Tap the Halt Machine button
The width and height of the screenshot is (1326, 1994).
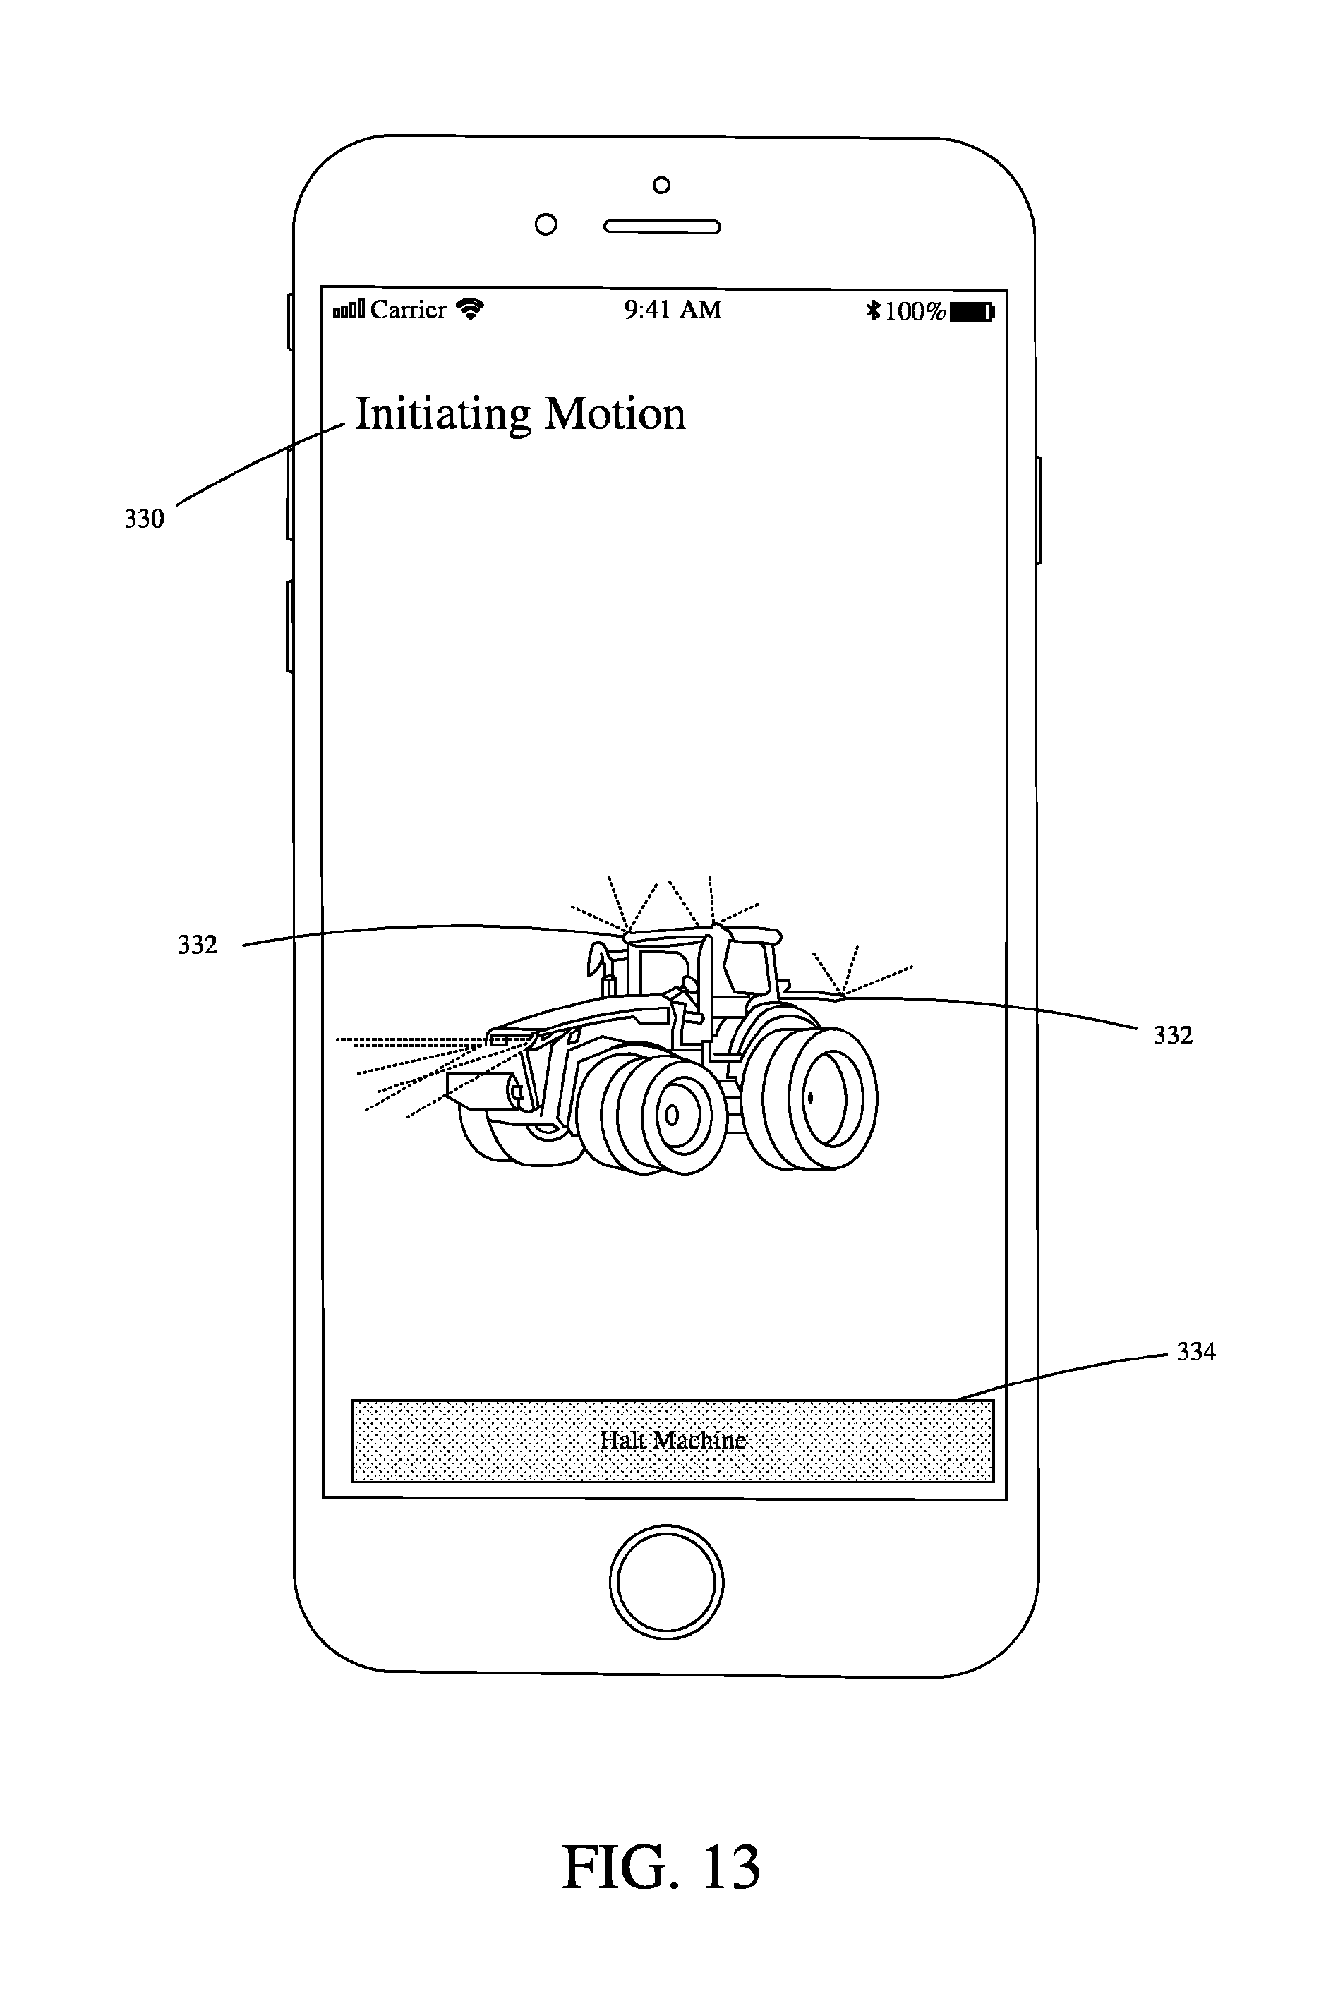673,1440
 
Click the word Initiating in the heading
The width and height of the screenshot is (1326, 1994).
443,416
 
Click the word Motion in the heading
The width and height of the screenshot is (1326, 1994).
615,414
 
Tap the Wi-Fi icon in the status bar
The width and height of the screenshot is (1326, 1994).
469,308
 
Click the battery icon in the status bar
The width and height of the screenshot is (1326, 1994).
972,312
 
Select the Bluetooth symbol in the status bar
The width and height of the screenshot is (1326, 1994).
874,311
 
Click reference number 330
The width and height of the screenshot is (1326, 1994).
144,518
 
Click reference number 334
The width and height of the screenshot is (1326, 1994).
1195,1352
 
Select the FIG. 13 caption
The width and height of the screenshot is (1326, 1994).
661,1867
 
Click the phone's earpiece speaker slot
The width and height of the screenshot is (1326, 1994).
661,226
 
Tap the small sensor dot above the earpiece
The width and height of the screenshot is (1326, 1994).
662,185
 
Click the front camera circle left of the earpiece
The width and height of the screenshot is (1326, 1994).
546,225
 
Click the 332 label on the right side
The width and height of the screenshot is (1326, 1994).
1173,1036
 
